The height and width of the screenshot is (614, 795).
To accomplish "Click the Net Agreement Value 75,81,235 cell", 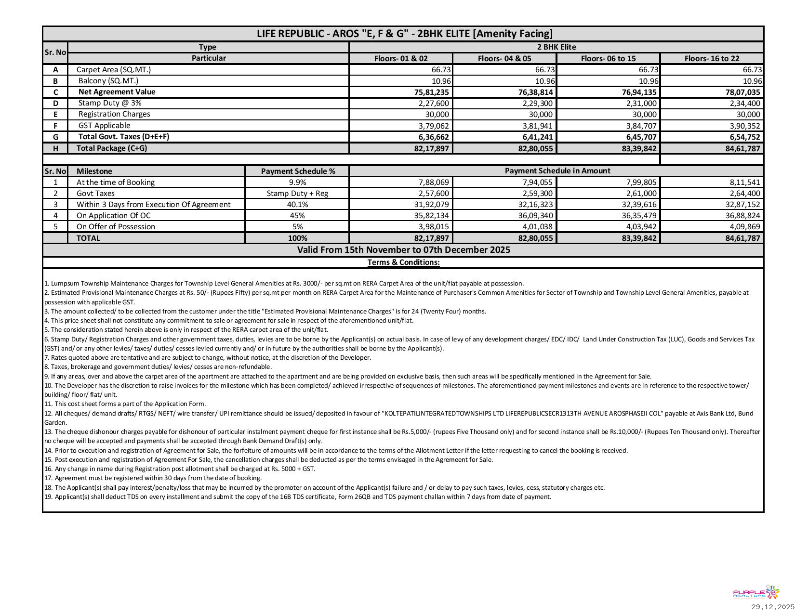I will click(431, 92).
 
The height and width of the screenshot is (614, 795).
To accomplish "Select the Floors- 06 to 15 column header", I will click(608, 59).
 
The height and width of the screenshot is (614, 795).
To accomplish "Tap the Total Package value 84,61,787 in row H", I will click(742, 148).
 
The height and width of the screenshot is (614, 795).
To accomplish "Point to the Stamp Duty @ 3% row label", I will click(110, 103).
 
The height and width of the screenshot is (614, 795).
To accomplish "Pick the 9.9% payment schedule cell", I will click(297, 183).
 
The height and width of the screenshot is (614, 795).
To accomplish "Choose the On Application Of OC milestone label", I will click(113, 216).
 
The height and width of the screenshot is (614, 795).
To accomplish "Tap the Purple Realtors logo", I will click(755, 592).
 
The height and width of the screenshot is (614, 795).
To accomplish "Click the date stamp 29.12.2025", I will click(772, 607).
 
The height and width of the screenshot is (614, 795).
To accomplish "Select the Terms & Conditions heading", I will click(403, 262).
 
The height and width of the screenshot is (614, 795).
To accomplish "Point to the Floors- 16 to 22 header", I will click(712, 59).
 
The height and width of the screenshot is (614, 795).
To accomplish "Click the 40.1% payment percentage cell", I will click(297, 205).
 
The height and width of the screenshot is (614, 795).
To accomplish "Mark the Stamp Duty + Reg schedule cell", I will click(297, 194).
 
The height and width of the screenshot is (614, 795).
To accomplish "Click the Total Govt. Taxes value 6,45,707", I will click(640, 137).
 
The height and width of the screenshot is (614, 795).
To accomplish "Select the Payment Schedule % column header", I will click(298, 171).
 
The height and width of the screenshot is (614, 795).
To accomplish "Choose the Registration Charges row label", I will click(114, 114).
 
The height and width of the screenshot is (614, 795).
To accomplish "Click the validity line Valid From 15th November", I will click(403, 250).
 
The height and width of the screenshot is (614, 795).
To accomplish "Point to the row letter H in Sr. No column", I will click(55, 148).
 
